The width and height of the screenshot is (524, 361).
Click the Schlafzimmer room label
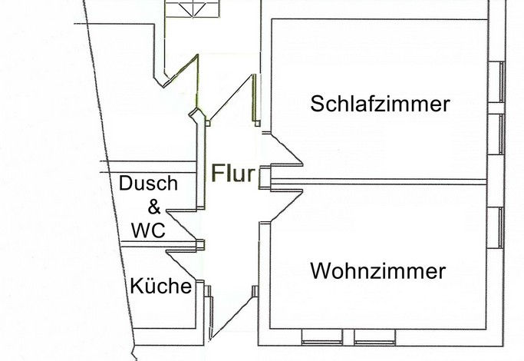380,104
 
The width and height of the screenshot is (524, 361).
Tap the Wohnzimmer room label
378,271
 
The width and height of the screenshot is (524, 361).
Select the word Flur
232,173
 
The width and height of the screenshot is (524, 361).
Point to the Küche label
160,286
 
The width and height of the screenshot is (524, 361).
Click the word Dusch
148,184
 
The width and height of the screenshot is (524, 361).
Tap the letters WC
148,230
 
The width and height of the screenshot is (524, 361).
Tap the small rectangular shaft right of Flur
263,176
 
